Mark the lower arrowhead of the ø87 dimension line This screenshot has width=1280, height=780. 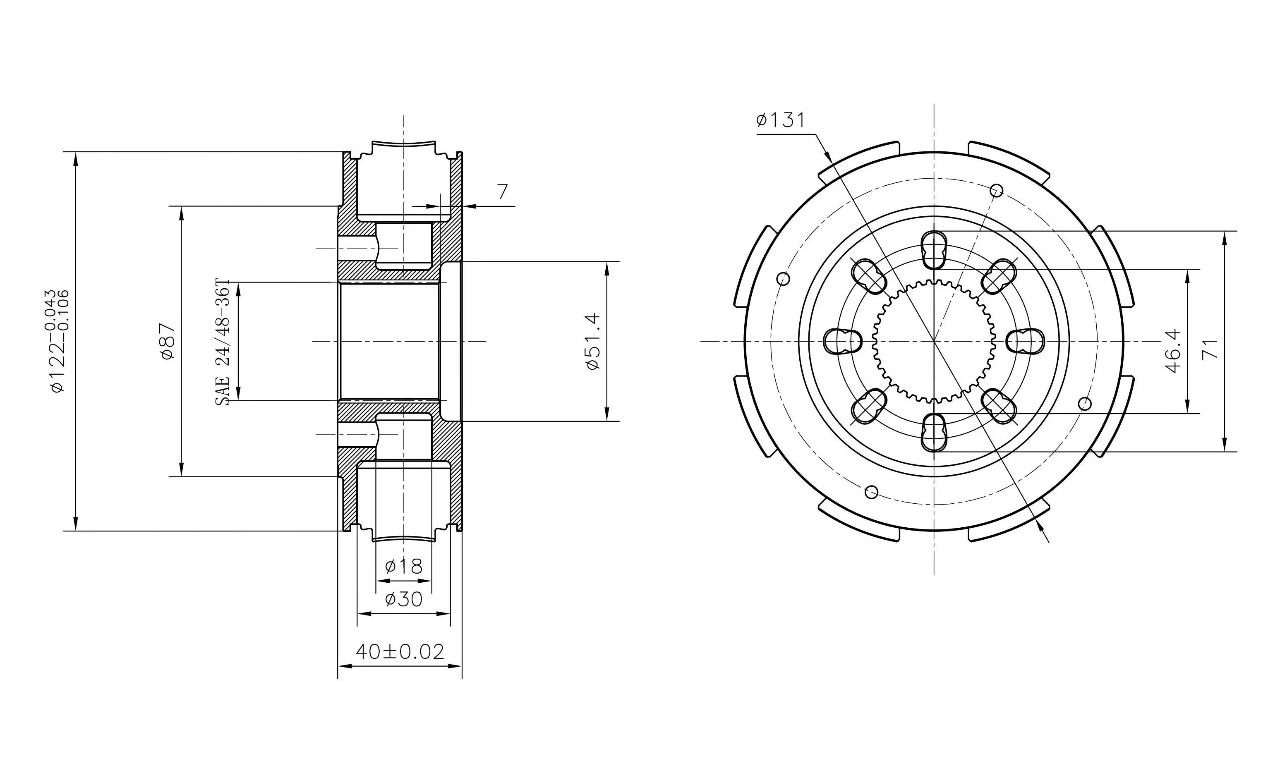(x=181, y=469)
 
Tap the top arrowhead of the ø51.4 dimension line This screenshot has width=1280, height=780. (x=607, y=268)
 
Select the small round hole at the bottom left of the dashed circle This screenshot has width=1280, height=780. (x=872, y=492)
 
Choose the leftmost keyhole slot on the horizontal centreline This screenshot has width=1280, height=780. (x=843, y=341)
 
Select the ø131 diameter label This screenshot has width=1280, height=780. (x=780, y=120)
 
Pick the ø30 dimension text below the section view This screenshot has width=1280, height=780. (x=404, y=599)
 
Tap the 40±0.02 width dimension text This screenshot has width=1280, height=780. (x=400, y=651)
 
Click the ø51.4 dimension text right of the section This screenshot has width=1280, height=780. (x=593, y=341)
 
